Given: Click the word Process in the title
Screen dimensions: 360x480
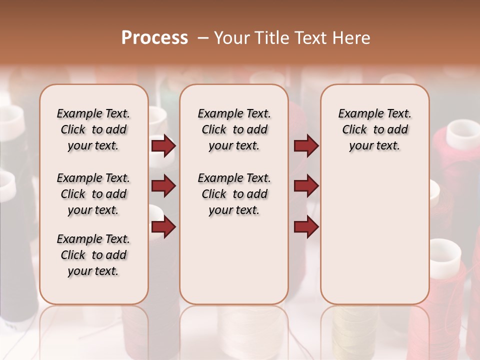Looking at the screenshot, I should pos(154,38).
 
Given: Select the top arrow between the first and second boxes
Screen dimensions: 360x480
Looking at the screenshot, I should pos(163,146).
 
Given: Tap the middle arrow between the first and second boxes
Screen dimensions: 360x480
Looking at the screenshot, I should pos(163,186).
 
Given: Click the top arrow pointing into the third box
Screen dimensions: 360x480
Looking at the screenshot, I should pos(306,146).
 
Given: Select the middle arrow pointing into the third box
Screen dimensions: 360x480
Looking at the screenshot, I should pos(306,186).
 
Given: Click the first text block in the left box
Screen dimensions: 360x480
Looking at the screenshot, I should pos(93,129).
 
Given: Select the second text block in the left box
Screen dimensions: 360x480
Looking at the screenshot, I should pos(93,194).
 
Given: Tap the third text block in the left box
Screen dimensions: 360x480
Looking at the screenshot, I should pos(93,255).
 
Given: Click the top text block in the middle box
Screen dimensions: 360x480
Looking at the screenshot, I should pos(234,129).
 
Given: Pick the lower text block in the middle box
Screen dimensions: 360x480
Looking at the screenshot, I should pos(234,194).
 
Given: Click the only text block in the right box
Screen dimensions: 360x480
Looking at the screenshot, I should pos(375,129).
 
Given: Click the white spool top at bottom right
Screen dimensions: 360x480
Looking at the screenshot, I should pos(444,252).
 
